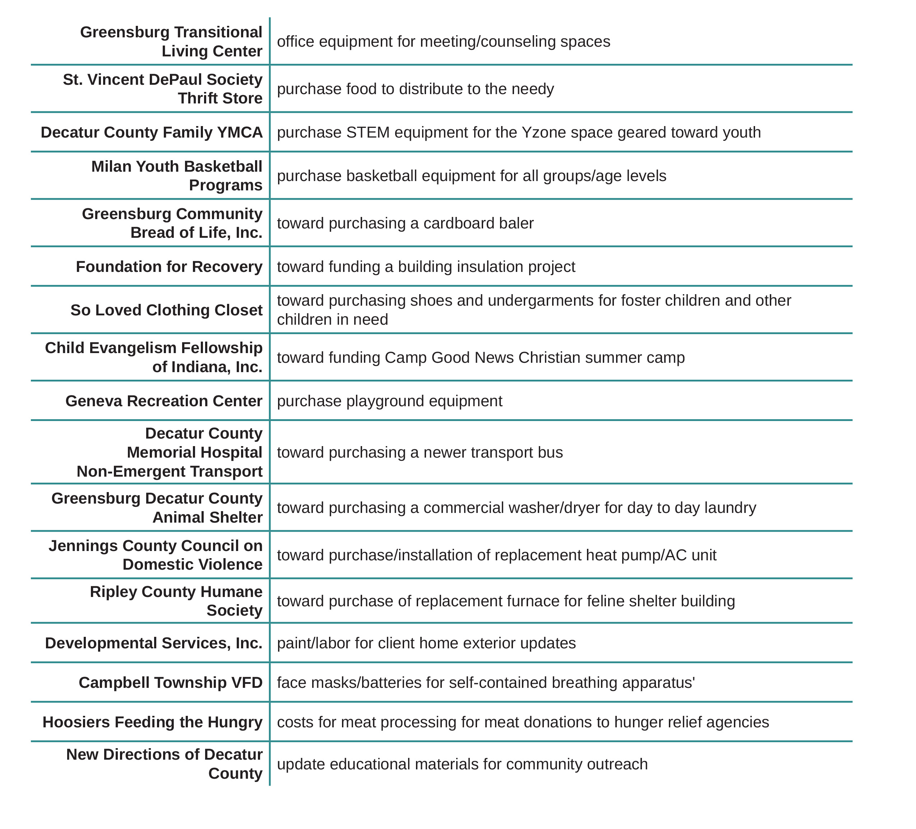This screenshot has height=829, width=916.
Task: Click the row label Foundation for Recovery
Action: click(x=169, y=267)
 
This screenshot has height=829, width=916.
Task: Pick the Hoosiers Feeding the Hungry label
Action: click(x=152, y=722)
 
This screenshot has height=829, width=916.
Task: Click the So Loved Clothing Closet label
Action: click(x=166, y=310)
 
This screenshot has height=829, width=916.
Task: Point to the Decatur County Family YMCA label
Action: click(x=151, y=132)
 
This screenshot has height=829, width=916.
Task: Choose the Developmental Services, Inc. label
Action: click(x=154, y=643)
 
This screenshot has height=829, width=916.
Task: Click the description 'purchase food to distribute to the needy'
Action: click(x=415, y=89)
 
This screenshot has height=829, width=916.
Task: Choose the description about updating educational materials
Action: click(x=462, y=764)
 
